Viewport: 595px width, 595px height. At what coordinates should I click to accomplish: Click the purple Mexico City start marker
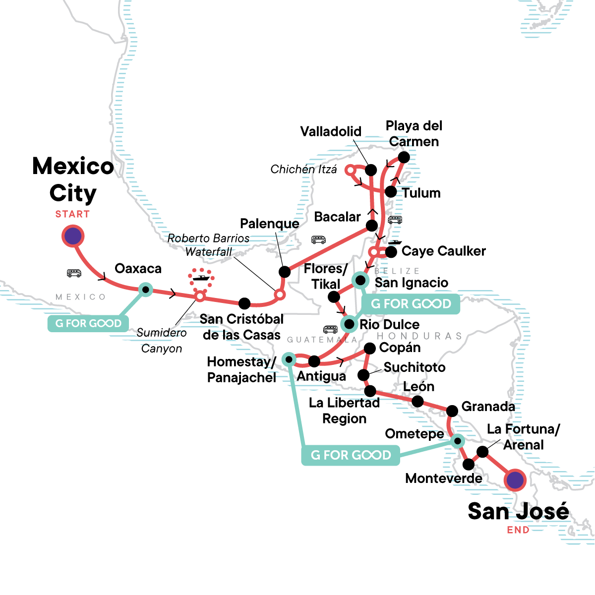[x=73, y=236]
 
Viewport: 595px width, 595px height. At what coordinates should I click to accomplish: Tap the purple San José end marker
[x=515, y=480]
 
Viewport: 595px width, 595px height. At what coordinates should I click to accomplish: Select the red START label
[x=72, y=214]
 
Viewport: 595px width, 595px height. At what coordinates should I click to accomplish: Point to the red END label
[x=518, y=530]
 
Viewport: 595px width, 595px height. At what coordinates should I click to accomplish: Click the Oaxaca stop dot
[x=145, y=289]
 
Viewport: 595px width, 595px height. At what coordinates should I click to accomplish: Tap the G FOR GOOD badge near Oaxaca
[x=88, y=324]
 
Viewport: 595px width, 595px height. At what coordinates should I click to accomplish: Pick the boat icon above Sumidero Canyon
[x=201, y=278]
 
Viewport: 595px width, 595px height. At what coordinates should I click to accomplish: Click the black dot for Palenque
[x=284, y=272]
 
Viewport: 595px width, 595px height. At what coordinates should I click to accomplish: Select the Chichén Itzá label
[x=303, y=170]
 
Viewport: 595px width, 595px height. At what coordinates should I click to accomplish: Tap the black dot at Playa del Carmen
[x=404, y=158]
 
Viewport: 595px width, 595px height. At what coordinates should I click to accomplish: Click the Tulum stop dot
[x=391, y=192]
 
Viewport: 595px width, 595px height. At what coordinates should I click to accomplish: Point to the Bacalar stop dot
[x=371, y=226]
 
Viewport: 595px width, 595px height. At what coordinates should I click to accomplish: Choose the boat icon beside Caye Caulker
[x=395, y=242]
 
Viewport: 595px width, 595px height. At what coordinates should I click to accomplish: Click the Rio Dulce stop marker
[x=349, y=325]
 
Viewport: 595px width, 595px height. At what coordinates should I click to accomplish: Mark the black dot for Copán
[x=369, y=349]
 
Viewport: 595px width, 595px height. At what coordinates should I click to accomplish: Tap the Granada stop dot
[x=452, y=411]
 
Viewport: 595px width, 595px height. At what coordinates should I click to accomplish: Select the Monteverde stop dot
[x=468, y=465]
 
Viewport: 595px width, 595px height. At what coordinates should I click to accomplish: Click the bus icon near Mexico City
[x=74, y=273]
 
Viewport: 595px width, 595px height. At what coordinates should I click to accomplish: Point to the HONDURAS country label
[x=419, y=336]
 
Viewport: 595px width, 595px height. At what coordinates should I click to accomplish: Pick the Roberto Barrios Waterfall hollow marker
[x=280, y=295]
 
